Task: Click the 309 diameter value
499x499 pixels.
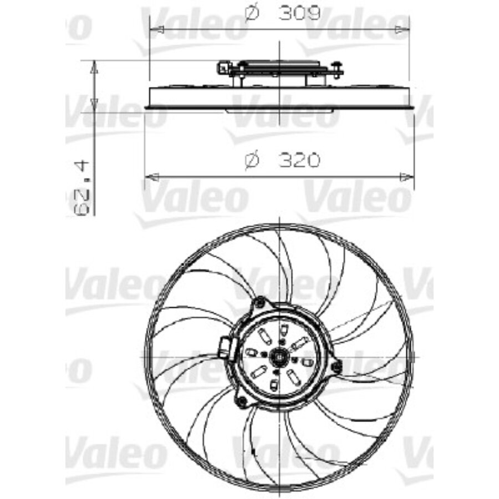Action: pyautogui.click(x=299, y=14)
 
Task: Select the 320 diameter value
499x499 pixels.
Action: pyautogui.click(x=299, y=160)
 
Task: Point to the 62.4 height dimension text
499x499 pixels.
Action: pyautogui.click(x=82, y=189)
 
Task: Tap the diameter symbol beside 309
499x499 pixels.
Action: pyautogui.click(x=252, y=14)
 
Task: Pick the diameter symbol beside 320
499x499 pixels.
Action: pyautogui.click(x=252, y=160)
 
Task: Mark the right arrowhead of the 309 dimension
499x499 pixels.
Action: pyautogui.click(x=402, y=30)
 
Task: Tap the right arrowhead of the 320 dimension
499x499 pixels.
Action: pyautogui.click(x=407, y=177)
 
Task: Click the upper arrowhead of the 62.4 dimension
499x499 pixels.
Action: pyautogui.click(x=94, y=67)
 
